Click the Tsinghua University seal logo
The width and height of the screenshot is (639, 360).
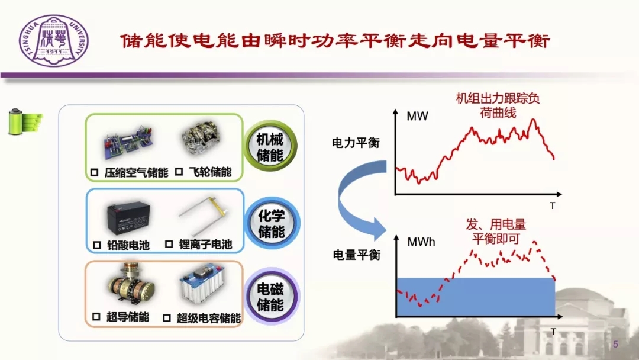[53, 41]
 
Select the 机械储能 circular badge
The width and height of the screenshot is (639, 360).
[270, 147]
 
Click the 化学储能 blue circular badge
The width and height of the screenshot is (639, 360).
[272, 223]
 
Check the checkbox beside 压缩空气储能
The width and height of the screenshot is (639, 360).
[94, 172]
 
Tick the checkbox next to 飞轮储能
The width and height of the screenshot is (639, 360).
[179, 172]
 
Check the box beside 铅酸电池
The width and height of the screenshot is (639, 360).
[97, 245]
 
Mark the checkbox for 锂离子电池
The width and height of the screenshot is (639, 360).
[169, 244]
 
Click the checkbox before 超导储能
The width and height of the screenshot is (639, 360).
[96, 317]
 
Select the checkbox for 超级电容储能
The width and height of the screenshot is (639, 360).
[166, 318]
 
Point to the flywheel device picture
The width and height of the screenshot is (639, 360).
[201, 137]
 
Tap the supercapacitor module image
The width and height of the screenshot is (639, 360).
[202, 284]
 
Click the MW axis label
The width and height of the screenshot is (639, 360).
[417, 117]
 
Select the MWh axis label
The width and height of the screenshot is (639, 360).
[421, 242]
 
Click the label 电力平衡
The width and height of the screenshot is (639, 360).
[356, 143]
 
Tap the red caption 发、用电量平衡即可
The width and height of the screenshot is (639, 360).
[496, 231]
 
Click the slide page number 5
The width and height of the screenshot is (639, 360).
[615, 345]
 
